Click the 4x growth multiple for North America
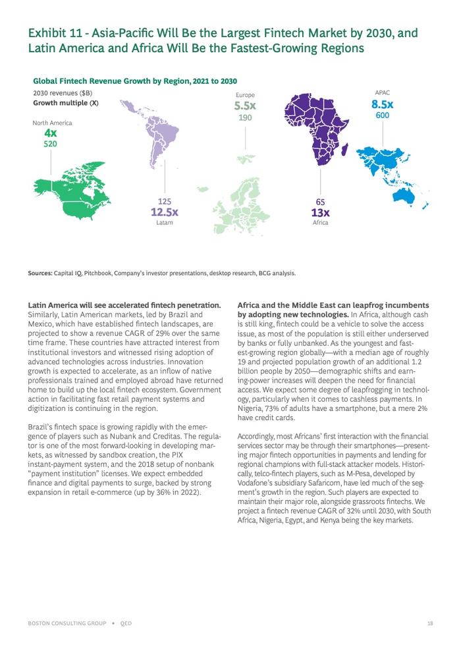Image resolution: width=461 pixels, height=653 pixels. coord(51,133)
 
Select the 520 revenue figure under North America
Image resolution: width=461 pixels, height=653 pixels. coord(51,144)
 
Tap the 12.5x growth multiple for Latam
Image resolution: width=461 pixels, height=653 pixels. coord(164,212)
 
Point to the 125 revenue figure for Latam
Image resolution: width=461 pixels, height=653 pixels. coord(164,201)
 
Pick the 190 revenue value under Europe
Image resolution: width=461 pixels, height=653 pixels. coord(245,117)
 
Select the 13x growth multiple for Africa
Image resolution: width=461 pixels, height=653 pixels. coord(321,212)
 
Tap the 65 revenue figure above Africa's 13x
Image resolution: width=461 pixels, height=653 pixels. coord(320,201)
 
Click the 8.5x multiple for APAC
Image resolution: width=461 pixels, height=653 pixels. coord(382,104)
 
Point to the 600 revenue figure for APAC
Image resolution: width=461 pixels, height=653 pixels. coord(382,115)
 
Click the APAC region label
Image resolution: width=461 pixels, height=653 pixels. coord(382,93)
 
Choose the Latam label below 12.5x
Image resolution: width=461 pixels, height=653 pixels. coord(164,223)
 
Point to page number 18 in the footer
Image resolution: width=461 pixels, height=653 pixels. coord(429,623)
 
